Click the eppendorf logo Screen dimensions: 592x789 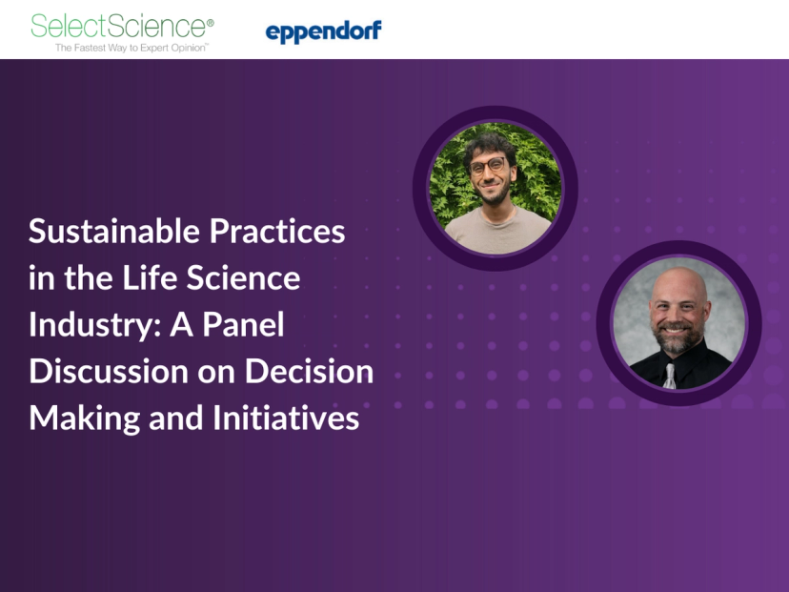coord(323,32)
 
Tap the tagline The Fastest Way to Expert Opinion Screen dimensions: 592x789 coord(131,47)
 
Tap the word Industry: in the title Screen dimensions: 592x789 coord(94,325)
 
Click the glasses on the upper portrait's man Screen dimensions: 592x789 coord(489,166)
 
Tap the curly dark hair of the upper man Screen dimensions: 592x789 coord(490,141)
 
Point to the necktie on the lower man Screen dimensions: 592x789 coord(671,376)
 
